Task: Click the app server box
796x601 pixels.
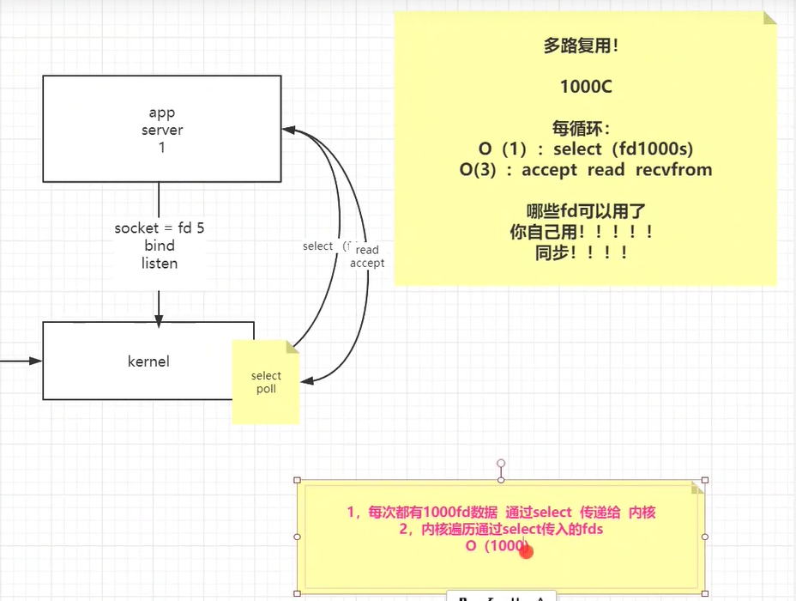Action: pyautogui.click(x=161, y=129)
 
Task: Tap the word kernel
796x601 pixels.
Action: pyautogui.click(x=148, y=361)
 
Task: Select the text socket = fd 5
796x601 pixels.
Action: pyautogui.click(x=160, y=228)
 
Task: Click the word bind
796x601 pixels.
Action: pyautogui.click(x=160, y=246)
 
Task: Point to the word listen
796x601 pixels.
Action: pyautogui.click(x=160, y=263)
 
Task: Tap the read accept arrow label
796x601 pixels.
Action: pyautogui.click(x=367, y=257)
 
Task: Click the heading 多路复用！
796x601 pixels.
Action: pyautogui.click(x=581, y=46)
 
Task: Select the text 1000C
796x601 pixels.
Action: pyautogui.click(x=585, y=87)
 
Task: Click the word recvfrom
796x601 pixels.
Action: pyautogui.click(x=673, y=169)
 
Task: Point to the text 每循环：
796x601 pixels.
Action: pyautogui.click(x=581, y=129)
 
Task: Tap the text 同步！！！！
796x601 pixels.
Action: pyautogui.click(x=581, y=252)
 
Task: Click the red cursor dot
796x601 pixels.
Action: pyautogui.click(x=527, y=551)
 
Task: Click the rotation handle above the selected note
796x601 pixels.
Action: pyautogui.click(x=501, y=464)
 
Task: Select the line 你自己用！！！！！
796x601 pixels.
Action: pyautogui.click(x=581, y=231)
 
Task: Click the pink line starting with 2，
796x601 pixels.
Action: pyautogui.click(x=501, y=529)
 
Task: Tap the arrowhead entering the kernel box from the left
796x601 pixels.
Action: pyautogui.click(x=36, y=361)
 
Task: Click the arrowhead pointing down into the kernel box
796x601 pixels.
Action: pyautogui.click(x=159, y=317)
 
